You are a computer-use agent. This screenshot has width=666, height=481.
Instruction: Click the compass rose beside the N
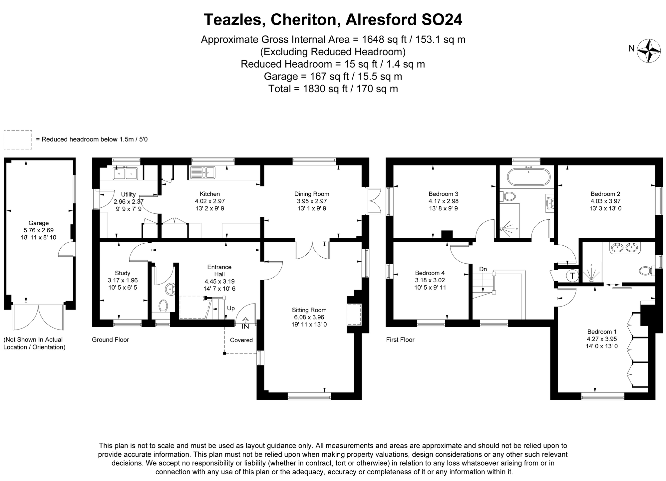[x=649, y=51]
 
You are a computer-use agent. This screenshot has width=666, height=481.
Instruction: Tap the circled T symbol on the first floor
[x=572, y=276]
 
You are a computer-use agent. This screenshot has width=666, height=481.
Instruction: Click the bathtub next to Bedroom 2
[x=528, y=176]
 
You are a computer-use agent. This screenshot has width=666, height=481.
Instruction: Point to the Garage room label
[x=39, y=223]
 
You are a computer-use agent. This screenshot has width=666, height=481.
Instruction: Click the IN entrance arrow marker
[x=245, y=323]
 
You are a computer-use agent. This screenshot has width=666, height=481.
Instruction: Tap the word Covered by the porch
[x=241, y=340]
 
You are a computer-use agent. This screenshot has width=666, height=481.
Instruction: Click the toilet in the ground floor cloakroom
[x=163, y=305]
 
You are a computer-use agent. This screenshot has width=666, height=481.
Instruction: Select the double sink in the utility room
[x=126, y=173]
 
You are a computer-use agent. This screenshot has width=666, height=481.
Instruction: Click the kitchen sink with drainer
[x=202, y=172]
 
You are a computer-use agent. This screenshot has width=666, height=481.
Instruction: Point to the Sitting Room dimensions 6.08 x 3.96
[x=309, y=317]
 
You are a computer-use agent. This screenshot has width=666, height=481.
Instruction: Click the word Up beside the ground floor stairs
[x=231, y=308]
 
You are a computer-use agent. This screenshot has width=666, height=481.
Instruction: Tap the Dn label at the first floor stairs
[x=483, y=269]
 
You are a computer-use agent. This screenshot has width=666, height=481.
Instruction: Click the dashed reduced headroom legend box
[x=18, y=139]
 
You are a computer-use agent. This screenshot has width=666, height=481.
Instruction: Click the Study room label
[x=123, y=273]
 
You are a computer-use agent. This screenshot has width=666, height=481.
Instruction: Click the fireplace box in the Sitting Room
[x=354, y=315]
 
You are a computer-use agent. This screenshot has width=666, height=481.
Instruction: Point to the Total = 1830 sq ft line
[x=333, y=89]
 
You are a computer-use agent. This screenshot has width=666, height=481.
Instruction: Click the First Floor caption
[x=400, y=340]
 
